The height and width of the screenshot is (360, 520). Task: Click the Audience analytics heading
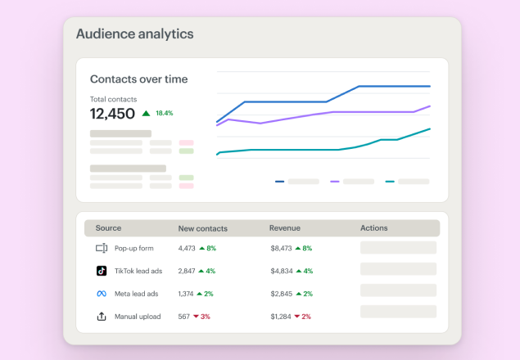coord(134,34)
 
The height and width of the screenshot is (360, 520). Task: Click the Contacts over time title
coord(138,79)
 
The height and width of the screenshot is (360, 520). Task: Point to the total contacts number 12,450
coord(112,114)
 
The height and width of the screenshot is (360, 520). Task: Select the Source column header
coord(108,228)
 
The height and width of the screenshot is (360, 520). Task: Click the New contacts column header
coord(202,228)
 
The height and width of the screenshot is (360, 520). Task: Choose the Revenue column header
coord(284,228)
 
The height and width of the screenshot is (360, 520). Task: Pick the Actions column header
coord(373,228)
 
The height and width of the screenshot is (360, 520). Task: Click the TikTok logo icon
coord(102,271)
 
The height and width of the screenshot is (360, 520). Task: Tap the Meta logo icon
coord(102,294)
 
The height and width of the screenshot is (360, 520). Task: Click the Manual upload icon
coord(102,317)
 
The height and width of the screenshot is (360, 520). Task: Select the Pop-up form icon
coord(102,248)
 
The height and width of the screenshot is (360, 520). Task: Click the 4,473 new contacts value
coord(187,248)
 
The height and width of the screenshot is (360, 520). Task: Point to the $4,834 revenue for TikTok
coord(282,271)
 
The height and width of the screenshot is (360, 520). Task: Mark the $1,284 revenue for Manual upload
coord(282,317)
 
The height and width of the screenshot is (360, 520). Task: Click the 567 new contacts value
coord(183,317)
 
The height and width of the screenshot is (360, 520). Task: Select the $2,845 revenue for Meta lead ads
coord(282,294)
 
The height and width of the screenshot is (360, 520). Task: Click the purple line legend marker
coord(334,182)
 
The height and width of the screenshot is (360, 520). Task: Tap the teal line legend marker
coord(390,182)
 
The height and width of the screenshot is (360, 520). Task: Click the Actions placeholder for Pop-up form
coord(398,248)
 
